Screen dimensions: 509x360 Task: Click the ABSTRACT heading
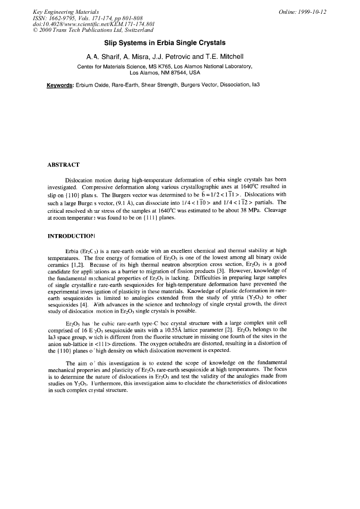pyautogui.click(x=64, y=165)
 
